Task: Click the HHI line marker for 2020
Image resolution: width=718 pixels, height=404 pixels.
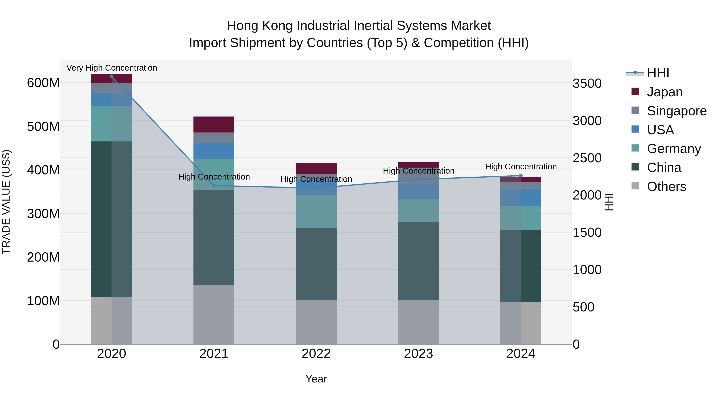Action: tap(111, 76)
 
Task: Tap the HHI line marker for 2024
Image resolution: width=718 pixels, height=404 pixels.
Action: tap(521, 176)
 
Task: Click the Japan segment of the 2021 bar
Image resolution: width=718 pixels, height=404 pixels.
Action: tap(214, 124)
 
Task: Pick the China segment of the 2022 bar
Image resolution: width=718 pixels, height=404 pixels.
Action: tap(316, 264)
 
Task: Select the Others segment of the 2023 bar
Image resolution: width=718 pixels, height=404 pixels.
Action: tap(418, 322)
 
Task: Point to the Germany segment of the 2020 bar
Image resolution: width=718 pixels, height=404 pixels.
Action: tap(111, 124)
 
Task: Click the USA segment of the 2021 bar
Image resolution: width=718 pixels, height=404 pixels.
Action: tap(214, 151)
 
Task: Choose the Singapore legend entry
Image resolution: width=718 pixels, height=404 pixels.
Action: tap(677, 111)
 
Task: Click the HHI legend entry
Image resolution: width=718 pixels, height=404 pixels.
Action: tap(658, 73)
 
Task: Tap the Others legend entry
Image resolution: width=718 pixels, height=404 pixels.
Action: tap(666, 187)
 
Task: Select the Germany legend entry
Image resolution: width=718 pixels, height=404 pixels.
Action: tap(674, 149)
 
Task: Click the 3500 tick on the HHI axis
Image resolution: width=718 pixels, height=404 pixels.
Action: tap(587, 83)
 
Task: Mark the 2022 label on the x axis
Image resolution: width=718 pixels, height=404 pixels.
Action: tap(316, 354)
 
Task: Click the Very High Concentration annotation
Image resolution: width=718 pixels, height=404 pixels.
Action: tap(111, 68)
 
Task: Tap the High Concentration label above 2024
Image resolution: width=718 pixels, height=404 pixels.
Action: tap(521, 166)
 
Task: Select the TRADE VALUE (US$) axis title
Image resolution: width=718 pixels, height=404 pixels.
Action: tap(6, 202)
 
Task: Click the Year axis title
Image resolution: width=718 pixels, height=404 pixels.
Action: tap(316, 379)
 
